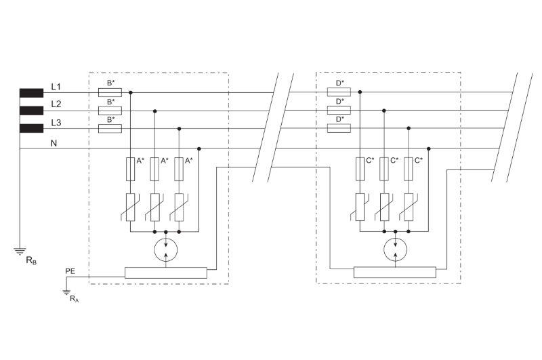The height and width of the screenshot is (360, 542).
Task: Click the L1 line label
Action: (x=56, y=87)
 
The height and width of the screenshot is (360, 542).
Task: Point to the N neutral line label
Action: (x=54, y=143)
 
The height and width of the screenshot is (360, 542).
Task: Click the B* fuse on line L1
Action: (x=110, y=92)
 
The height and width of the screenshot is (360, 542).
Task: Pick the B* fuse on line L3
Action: (x=110, y=127)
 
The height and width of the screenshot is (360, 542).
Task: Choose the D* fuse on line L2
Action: (x=339, y=110)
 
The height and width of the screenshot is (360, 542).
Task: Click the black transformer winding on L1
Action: (x=30, y=93)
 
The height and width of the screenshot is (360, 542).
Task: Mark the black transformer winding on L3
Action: (x=30, y=128)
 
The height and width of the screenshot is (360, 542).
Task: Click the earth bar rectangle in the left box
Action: (x=165, y=273)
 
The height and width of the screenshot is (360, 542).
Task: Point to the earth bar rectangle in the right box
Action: (x=395, y=273)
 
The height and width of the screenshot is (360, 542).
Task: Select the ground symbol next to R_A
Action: (x=66, y=292)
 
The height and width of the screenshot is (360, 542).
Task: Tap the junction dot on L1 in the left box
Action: (x=131, y=92)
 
